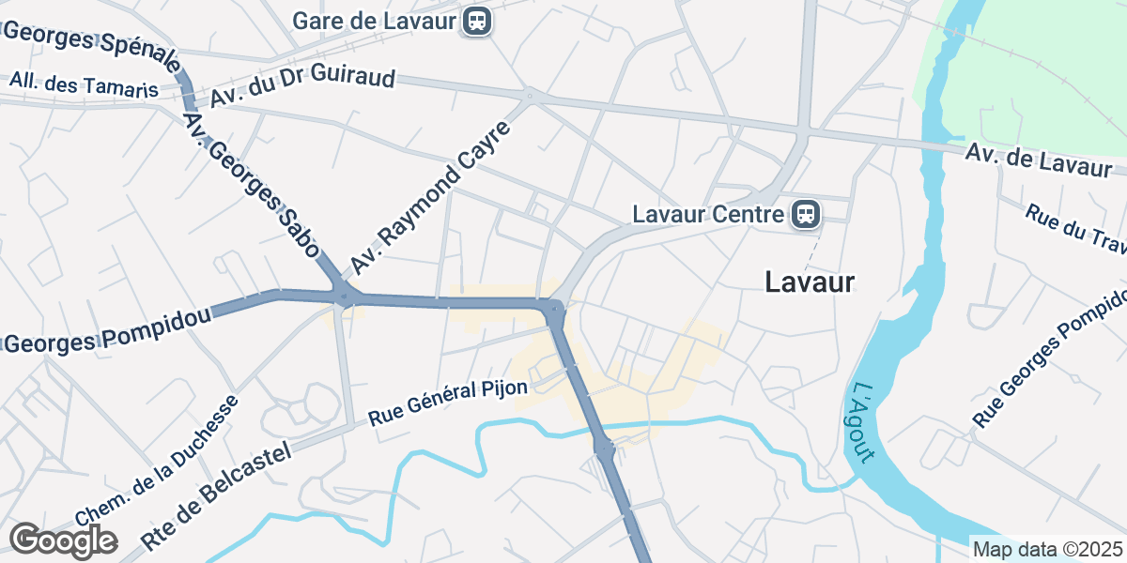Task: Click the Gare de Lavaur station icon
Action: (x=478, y=20)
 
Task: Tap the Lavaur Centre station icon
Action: (x=806, y=214)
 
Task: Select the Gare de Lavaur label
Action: (x=375, y=20)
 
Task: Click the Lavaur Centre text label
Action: (x=708, y=214)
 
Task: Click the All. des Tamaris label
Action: (x=84, y=85)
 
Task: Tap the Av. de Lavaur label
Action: (x=1038, y=159)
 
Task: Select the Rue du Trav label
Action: (x=1075, y=227)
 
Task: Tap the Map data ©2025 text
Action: (x=1047, y=549)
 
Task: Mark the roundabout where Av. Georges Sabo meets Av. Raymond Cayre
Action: (x=346, y=297)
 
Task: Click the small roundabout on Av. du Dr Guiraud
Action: (x=530, y=95)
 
